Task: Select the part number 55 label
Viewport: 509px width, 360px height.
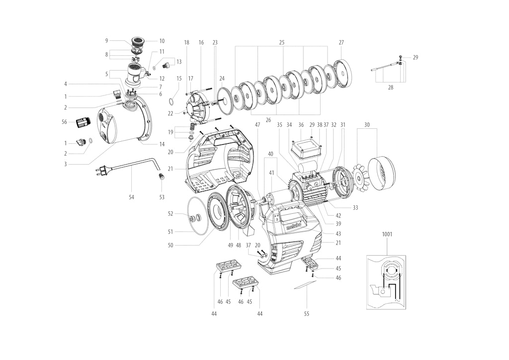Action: tap(307, 314)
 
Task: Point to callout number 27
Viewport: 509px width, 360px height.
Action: tap(341, 43)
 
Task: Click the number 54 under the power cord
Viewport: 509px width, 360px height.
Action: tap(131, 197)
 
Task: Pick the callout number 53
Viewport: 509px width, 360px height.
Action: tap(162, 197)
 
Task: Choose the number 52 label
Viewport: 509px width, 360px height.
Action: tap(170, 214)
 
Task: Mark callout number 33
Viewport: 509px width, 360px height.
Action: tap(355, 208)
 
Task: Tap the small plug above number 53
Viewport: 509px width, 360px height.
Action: tap(161, 176)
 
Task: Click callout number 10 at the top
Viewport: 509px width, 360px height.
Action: tap(162, 41)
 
